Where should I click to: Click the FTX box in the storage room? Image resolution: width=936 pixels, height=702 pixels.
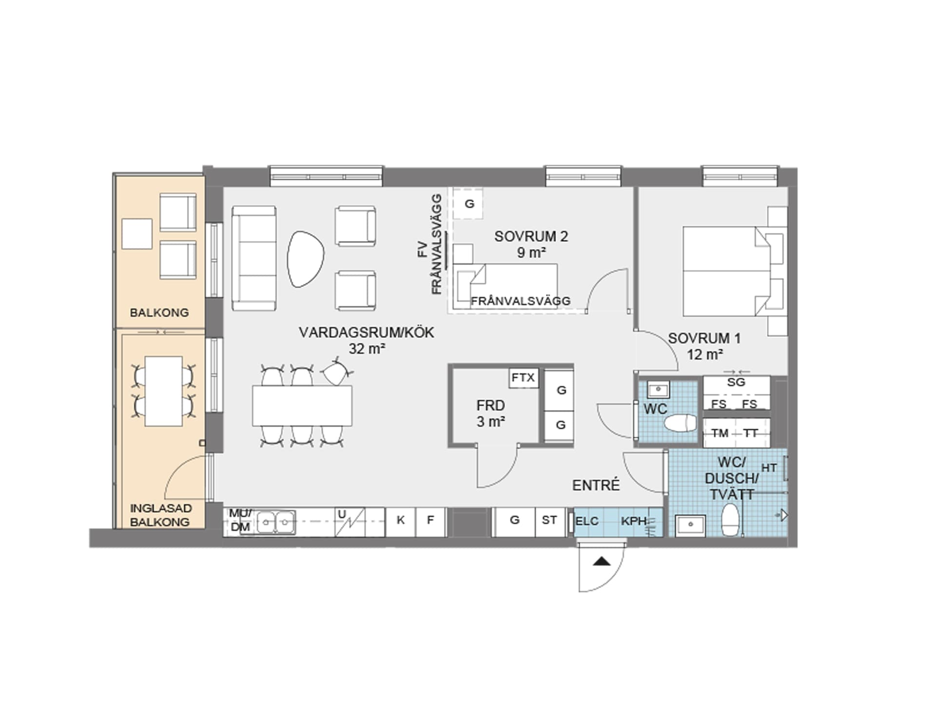[x=524, y=378]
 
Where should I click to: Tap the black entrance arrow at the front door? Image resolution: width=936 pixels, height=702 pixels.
[x=602, y=561]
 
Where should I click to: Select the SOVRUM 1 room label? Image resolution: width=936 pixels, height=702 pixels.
[x=704, y=346]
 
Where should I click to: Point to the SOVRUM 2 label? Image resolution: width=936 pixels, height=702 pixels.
[x=531, y=244]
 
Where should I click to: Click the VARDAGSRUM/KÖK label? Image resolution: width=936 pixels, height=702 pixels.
[x=367, y=340]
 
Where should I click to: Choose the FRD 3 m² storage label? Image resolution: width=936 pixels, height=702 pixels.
[x=490, y=413]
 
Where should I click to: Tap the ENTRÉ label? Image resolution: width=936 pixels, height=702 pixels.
[x=596, y=485]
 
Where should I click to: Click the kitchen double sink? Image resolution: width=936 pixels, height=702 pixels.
[x=275, y=522]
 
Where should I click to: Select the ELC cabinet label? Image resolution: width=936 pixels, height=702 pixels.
[x=587, y=521]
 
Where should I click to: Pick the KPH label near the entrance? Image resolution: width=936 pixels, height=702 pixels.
[x=634, y=521]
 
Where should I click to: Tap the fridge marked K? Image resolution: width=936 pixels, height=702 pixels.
[x=400, y=522]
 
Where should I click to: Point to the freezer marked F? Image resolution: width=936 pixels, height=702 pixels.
[x=430, y=522]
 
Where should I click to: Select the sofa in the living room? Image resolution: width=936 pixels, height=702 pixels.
[x=254, y=258]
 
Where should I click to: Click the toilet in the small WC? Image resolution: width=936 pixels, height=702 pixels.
[x=680, y=423]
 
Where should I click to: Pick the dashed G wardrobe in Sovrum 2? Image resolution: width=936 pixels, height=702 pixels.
[x=468, y=203]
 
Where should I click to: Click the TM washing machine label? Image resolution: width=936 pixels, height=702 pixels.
[x=720, y=433]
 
